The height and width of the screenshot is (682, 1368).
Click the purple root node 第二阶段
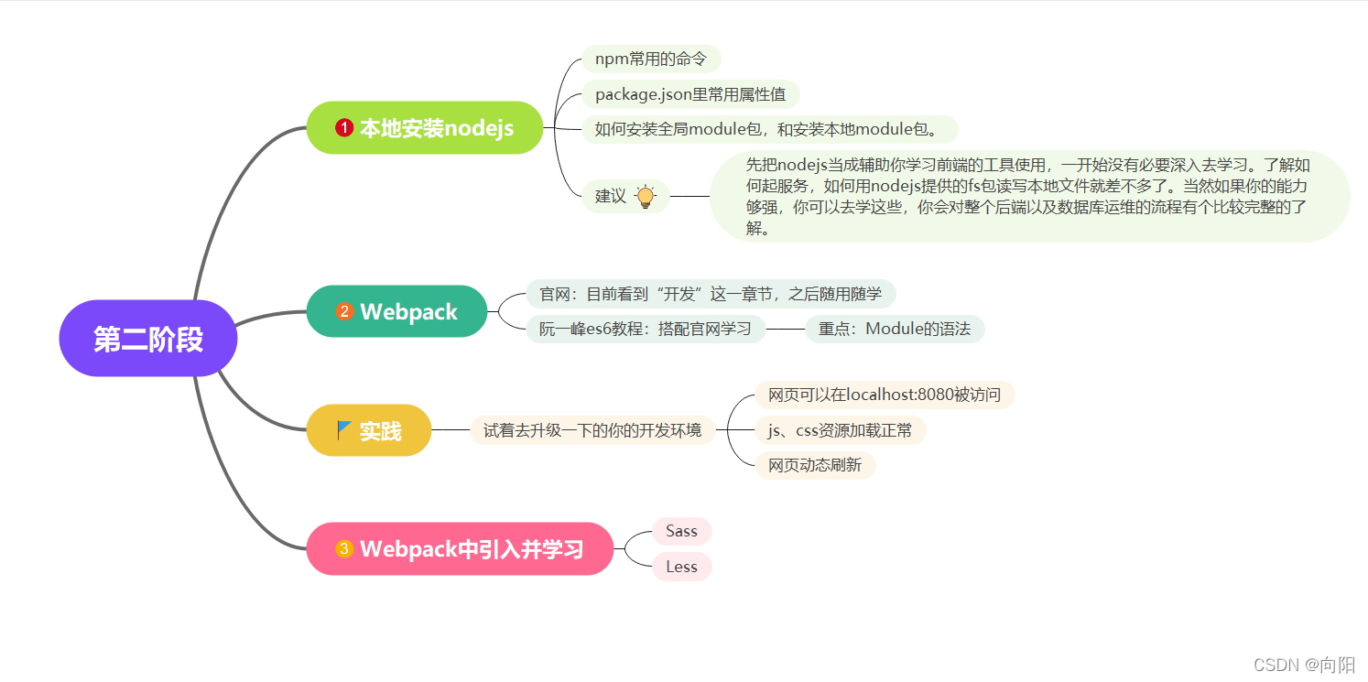click(148, 339)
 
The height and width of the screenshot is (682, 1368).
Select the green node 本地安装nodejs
click(425, 128)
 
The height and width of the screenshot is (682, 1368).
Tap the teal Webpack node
click(396, 311)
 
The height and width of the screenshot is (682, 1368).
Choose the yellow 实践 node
click(369, 430)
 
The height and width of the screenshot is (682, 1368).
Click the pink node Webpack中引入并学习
click(460, 549)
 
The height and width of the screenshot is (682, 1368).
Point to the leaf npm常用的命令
click(651, 59)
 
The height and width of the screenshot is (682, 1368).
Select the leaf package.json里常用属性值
click(690, 93)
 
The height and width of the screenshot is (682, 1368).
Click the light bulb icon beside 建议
click(646, 196)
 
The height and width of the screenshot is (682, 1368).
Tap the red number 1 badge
click(344, 128)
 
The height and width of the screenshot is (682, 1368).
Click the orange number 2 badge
click(344, 311)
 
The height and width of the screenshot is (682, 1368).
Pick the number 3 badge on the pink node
click(344, 549)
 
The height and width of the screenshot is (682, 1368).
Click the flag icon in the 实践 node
click(344, 429)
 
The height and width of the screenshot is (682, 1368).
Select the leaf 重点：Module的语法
click(894, 329)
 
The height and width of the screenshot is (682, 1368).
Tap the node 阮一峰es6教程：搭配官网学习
click(645, 329)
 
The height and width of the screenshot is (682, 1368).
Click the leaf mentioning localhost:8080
click(885, 395)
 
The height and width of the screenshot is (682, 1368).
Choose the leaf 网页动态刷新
click(815, 465)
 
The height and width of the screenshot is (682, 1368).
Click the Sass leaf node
click(681, 531)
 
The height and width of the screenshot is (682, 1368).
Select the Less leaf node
click(681, 567)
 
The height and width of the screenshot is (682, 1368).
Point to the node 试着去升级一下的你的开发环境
click(592, 430)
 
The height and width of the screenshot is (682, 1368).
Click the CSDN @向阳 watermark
click(1304, 665)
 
